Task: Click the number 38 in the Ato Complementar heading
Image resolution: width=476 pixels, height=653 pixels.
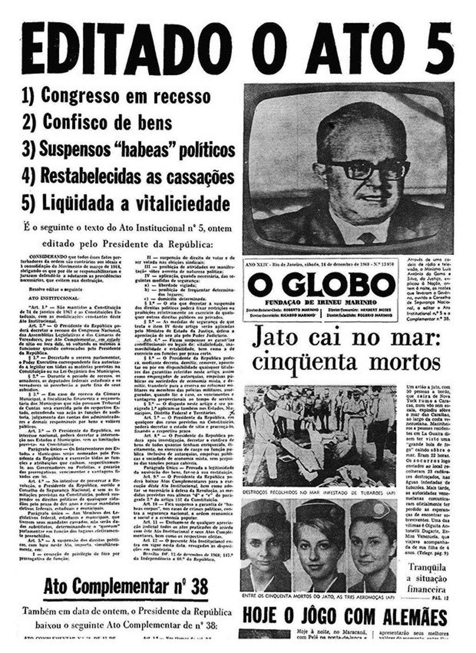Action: point(198,586)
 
